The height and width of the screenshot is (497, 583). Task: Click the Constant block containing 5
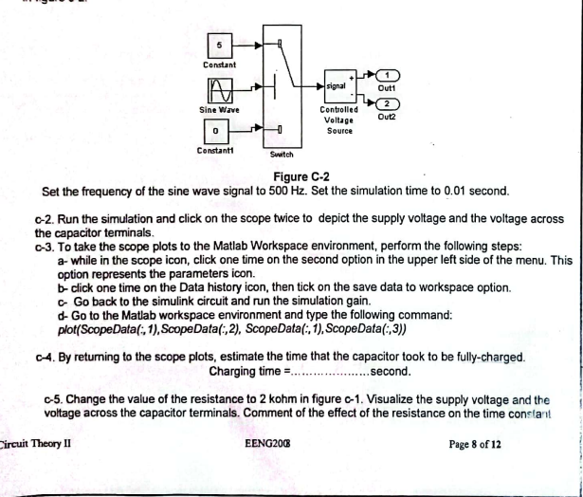[x=219, y=44]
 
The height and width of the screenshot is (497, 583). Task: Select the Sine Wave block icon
[x=219, y=91]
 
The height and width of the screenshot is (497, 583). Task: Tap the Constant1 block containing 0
[x=217, y=129]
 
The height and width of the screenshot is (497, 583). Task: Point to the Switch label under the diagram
[x=282, y=154]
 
